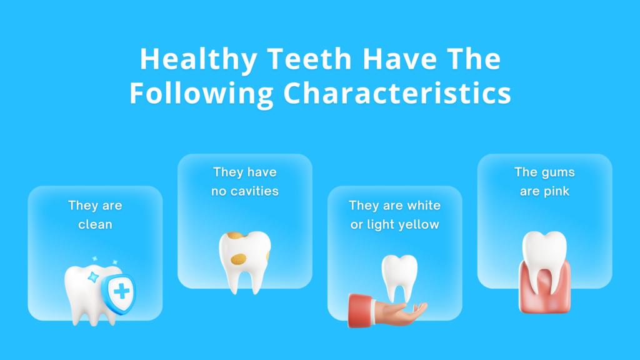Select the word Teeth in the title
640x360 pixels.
pos(309,59)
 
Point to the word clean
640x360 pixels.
pos(95,224)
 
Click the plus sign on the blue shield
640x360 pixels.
pos(121,291)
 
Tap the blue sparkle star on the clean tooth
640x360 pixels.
pos(94,277)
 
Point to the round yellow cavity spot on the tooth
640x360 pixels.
pos(238,259)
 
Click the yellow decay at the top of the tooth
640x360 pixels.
pos(236,235)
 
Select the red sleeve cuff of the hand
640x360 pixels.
pos(361,311)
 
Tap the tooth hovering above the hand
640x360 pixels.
pos(399,277)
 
